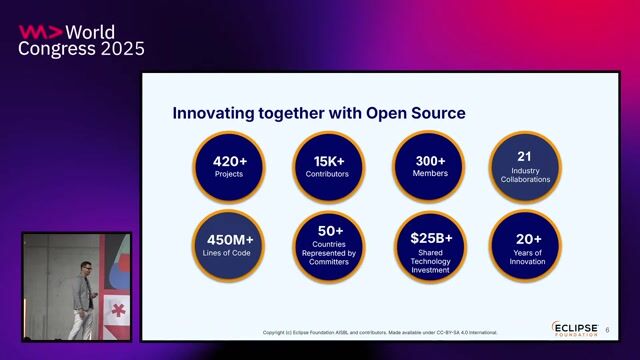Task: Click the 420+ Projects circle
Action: point(230,166)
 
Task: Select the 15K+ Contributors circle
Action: point(329,166)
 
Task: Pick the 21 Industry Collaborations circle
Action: point(524,166)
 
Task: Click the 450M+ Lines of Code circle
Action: point(230,246)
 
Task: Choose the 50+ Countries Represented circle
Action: point(329,246)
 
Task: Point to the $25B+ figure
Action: point(431,238)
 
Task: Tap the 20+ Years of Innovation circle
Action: point(524,246)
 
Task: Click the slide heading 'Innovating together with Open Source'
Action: point(318,113)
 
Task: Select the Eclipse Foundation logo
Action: point(574,329)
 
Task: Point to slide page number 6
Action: point(607,329)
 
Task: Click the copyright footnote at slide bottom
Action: point(380,333)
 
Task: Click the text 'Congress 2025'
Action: point(81,49)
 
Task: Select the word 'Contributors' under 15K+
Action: point(329,174)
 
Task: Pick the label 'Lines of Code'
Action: point(230,254)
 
